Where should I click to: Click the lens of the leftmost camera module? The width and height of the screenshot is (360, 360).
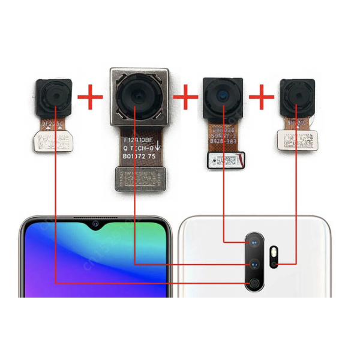55,98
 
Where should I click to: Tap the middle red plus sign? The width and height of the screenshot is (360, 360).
185,95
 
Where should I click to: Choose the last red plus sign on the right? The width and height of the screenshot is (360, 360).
261,97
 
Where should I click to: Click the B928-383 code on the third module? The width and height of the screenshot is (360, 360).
224,144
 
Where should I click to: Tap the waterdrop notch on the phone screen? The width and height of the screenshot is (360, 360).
95,224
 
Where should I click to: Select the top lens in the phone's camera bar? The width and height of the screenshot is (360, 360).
254,241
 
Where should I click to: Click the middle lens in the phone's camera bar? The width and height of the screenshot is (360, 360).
254,263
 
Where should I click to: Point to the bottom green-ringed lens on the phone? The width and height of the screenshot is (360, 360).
254,283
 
